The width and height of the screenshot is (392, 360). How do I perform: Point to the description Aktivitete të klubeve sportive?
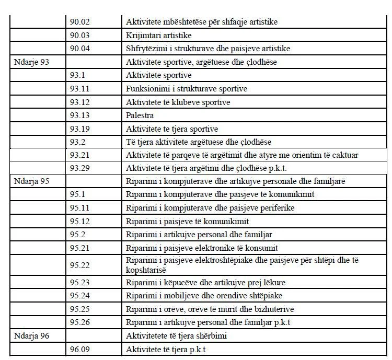click(x=178, y=102)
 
